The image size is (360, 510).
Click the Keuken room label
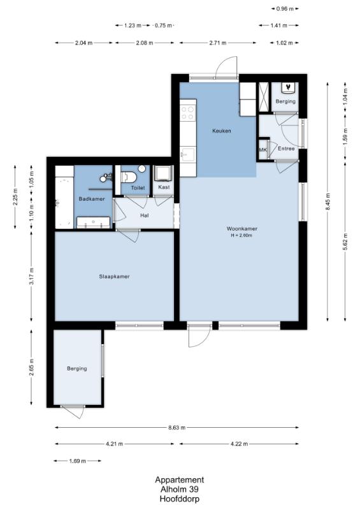[x=222, y=131]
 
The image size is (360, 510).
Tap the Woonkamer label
[x=242, y=229]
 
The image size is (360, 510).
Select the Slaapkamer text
[x=114, y=277]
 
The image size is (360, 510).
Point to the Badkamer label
[x=92, y=199]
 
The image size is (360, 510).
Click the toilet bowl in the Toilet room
[x=129, y=177]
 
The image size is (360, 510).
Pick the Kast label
[x=164, y=187]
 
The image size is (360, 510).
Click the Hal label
[x=145, y=215]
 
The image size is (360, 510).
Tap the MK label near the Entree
[x=263, y=150]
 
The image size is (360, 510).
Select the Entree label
[x=286, y=149]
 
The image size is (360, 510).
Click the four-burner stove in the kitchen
[x=188, y=113]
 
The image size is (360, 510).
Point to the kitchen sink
[x=188, y=154]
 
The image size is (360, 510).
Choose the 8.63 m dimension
[x=176, y=427]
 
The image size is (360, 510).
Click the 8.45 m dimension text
[x=328, y=201]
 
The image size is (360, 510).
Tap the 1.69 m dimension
[x=77, y=461]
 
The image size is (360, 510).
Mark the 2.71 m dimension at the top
[x=217, y=43]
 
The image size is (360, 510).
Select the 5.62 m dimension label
[x=345, y=242]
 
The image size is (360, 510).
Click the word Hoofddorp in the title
[x=180, y=499]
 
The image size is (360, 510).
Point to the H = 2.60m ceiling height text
[x=241, y=235]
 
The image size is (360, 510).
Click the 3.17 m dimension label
[x=32, y=277]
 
